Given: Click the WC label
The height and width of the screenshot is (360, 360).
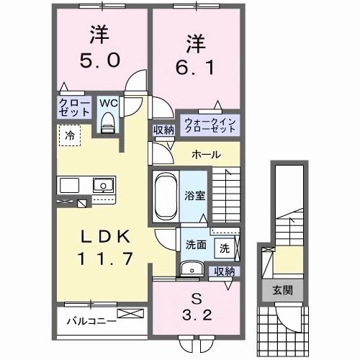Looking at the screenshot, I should click(108, 103).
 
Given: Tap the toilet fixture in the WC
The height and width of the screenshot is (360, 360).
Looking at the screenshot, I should click(109, 124).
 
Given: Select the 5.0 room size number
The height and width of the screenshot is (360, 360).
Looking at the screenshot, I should click(100, 60).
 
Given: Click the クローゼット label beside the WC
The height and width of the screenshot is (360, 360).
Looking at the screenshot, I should click(75, 108).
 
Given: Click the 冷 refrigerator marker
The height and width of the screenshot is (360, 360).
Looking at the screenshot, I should click(70, 134).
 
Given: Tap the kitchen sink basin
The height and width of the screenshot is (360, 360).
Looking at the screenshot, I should click(104, 185).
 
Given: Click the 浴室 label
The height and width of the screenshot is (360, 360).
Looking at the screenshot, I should click(194, 194).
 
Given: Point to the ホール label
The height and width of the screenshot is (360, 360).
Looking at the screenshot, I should click(206, 155).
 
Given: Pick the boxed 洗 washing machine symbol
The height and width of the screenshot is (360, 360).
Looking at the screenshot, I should click(225, 248).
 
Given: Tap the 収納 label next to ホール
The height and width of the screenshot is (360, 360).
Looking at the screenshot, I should click(162, 130).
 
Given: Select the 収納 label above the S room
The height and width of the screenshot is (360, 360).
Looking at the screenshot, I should click(225, 271).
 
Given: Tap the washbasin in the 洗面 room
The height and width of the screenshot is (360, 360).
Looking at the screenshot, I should click(192, 270).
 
